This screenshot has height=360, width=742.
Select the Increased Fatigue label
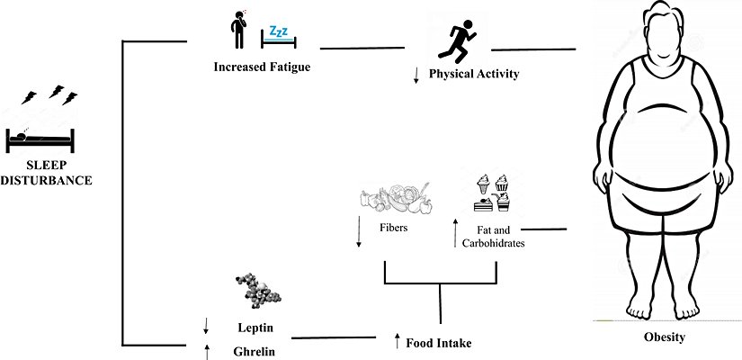click(x=255, y=66)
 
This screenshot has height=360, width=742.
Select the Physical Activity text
click(x=474, y=74)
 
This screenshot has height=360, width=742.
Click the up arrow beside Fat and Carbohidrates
click(x=455, y=233)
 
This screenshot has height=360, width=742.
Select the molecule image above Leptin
click(x=258, y=292)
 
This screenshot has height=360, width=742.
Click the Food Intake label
click(x=439, y=343)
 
